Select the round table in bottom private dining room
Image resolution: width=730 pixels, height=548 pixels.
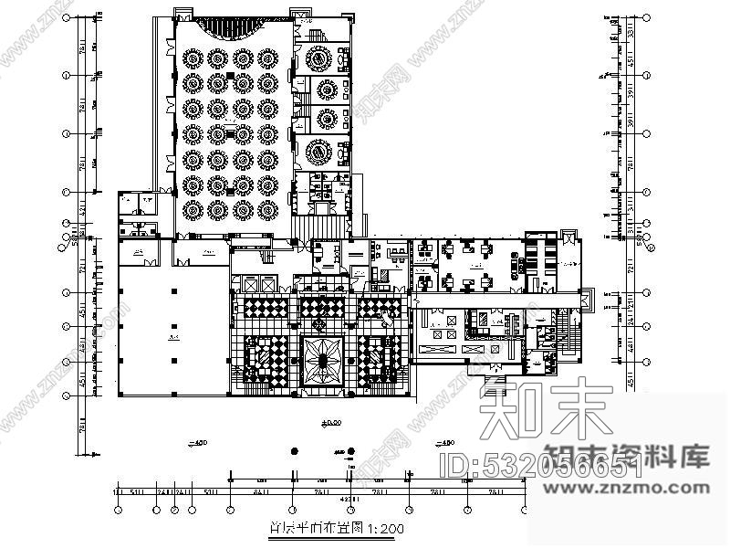321,151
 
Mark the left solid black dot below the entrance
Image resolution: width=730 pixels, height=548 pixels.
293,451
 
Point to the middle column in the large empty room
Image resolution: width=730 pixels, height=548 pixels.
172,326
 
